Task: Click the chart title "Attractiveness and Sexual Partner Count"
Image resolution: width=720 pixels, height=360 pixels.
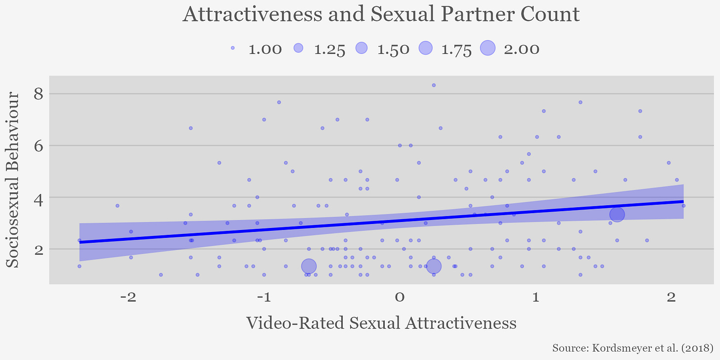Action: [381, 14]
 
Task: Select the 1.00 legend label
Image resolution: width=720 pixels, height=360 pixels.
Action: [266, 49]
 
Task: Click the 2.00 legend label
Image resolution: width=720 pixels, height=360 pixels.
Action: [521, 49]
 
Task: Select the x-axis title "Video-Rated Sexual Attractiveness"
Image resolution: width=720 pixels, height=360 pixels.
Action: [381, 323]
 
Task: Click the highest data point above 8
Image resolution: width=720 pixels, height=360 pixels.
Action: [434, 85]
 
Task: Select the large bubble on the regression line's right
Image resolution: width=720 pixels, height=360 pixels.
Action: [617, 215]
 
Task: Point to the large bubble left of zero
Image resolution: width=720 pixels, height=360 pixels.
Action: [309, 266]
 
